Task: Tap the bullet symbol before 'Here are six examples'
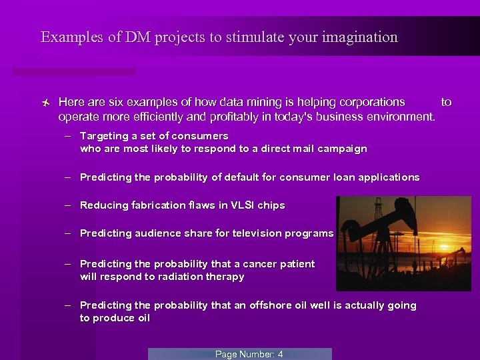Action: [x=44, y=103]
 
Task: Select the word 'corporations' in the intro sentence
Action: [x=372, y=102]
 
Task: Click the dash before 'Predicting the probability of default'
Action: [x=68, y=177]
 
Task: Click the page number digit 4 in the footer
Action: [x=280, y=355]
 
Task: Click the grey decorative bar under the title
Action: [x=73, y=71]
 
